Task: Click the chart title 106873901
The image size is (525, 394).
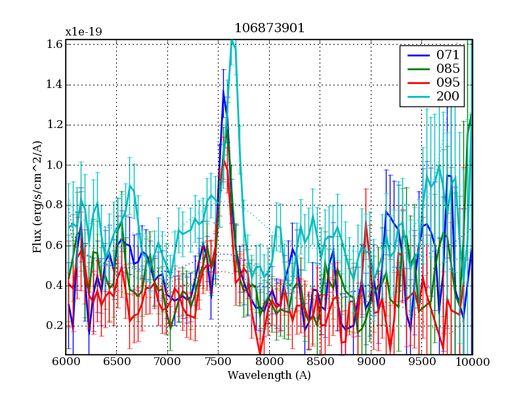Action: (x=269, y=28)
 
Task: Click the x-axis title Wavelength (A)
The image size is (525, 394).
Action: (x=269, y=376)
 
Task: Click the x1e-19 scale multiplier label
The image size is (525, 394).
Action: (x=83, y=32)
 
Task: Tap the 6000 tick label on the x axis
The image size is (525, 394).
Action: (x=66, y=362)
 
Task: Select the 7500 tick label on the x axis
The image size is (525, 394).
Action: (x=218, y=362)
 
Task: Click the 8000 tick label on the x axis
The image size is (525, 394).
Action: (x=269, y=362)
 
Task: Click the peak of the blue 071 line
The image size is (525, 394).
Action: (x=223, y=93)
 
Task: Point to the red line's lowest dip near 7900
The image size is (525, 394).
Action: (x=261, y=353)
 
